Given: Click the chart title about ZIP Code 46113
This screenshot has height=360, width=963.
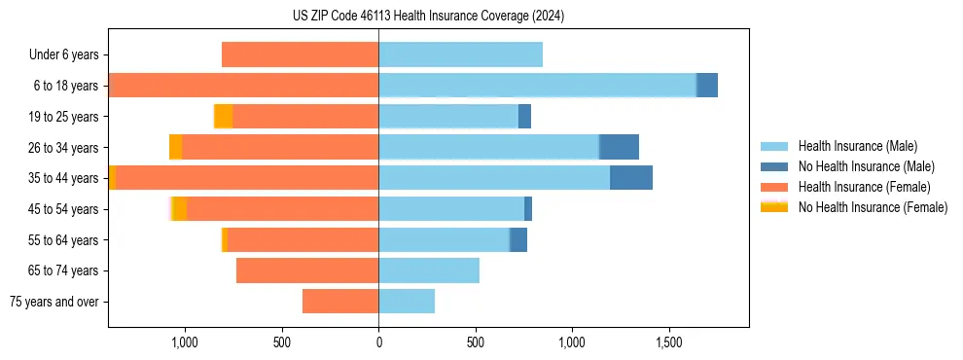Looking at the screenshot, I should (428, 17).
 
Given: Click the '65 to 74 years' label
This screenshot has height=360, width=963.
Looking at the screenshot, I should (65, 270).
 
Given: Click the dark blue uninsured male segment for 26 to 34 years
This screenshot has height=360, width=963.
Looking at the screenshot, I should (619, 147).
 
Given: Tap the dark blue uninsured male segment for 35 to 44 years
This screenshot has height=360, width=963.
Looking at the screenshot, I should (631, 178).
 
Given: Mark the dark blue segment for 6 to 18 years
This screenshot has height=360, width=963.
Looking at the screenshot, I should (707, 86).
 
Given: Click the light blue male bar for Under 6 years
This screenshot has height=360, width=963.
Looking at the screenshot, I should (460, 55).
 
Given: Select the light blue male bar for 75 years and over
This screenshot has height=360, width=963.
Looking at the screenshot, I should (407, 302).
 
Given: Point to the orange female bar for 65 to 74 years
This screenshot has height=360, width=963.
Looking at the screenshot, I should (307, 270).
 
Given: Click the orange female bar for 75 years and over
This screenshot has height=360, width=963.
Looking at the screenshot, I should (340, 302).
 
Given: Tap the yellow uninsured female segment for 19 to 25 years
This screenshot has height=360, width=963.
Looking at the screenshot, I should (224, 117).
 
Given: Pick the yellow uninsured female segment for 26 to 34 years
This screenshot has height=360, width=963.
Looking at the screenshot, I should (175, 147).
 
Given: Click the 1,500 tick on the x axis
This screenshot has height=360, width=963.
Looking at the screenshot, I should (669, 342).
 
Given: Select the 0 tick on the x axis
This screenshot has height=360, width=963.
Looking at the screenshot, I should (378, 342).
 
